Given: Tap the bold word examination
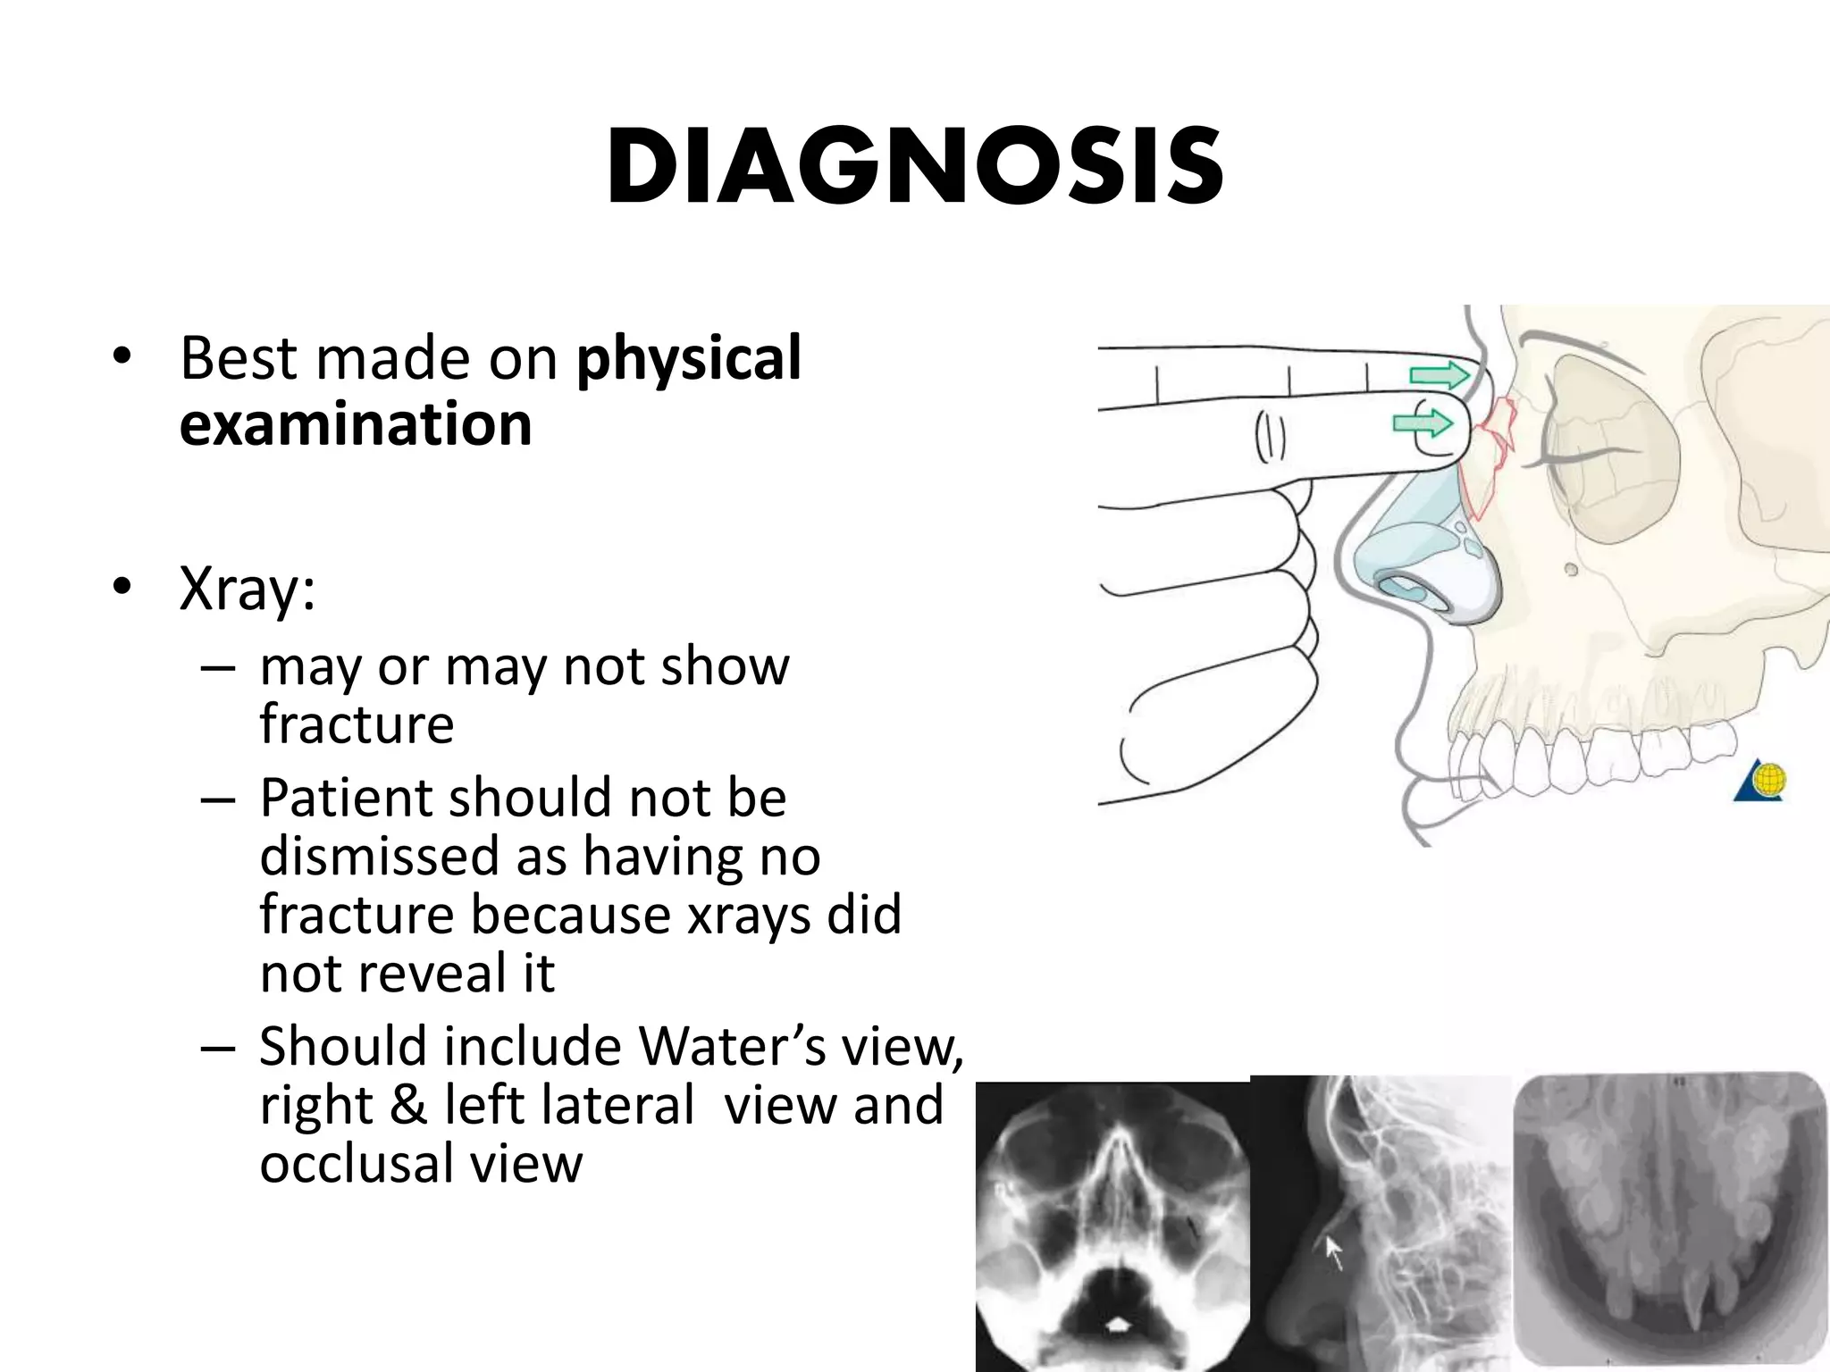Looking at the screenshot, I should pyautogui.click(x=356, y=424).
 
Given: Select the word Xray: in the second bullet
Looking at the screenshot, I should pyautogui.click(x=248, y=590).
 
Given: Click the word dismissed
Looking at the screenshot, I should pyautogui.click(x=413, y=857).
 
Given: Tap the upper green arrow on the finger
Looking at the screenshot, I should pyautogui.click(x=1438, y=375).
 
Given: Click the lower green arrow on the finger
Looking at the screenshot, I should pyautogui.click(x=1423, y=422).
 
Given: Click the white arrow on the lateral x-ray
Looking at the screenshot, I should pyautogui.click(x=1333, y=1251).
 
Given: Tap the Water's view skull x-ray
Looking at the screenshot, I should pyautogui.click(x=1112, y=1226).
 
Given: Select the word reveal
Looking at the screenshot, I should pyautogui.click(x=443, y=974).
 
